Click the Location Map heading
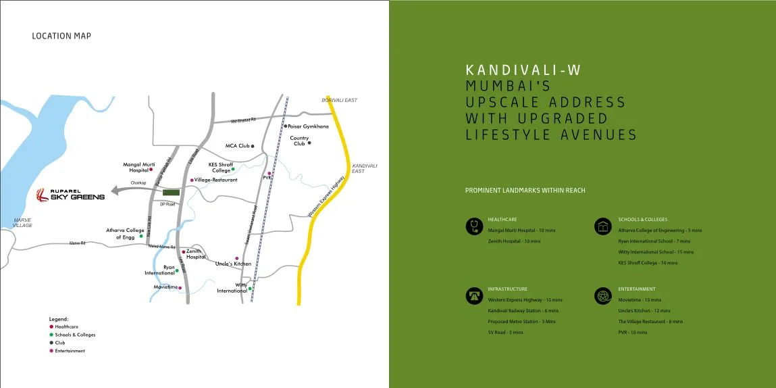[x=61, y=36]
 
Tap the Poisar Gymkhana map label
[x=308, y=126]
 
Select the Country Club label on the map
[x=299, y=141]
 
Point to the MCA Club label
[x=237, y=146]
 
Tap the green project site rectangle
[x=172, y=193]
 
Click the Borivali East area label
[x=339, y=100]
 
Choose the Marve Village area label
[x=23, y=222]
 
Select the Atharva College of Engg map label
[x=124, y=234]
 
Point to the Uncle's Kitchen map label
[x=233, y=264]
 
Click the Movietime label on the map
[x=165, y=287]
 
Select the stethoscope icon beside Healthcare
[x=473, y=226]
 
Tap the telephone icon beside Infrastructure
[x=473, y=295]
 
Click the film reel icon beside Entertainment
[x=602, y=295]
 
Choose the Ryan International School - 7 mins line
[x=654, y=241]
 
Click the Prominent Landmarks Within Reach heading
[x=525, y=191]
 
